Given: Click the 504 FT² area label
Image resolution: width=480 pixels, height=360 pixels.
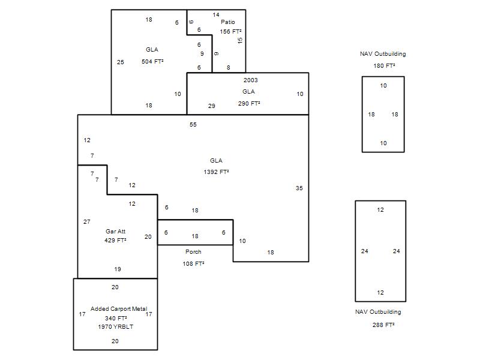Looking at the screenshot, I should (152, 62).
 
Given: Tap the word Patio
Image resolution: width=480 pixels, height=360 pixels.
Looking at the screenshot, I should (227, 22).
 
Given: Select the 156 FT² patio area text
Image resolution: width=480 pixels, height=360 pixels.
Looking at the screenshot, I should (230, 32).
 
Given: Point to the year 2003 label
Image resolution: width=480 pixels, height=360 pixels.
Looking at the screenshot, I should (251, 80).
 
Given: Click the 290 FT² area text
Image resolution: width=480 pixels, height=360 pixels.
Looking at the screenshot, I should (248, 103).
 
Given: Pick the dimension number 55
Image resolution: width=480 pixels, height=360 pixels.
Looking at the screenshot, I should (193, 125).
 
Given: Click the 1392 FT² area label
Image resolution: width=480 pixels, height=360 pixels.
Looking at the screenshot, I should (216, 172).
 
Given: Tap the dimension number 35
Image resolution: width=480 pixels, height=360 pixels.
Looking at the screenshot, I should (299, 188).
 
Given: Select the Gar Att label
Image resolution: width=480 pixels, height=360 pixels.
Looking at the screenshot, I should (115, 231).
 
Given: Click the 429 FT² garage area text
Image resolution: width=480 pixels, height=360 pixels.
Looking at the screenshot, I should (115, 241).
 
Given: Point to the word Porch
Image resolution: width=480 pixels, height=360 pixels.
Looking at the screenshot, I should (193, 252).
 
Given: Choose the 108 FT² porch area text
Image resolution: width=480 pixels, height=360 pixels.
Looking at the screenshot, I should (193, 263).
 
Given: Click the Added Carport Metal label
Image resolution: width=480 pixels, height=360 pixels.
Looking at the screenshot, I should (119, 309).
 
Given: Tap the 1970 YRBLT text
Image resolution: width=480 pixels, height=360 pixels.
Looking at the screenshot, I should (115, 327).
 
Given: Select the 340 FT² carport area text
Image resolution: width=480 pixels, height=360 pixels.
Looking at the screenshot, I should (116, 318).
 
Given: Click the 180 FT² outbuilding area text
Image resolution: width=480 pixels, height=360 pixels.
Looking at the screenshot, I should (383, 66).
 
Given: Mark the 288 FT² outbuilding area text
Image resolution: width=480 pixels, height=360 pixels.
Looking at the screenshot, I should (383, 325).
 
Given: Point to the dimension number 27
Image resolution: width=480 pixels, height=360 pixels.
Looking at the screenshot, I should (87, 222).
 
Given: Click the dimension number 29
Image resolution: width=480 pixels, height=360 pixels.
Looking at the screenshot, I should (212, 106).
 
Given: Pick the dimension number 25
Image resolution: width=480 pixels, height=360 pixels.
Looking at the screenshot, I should (121, 62).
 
